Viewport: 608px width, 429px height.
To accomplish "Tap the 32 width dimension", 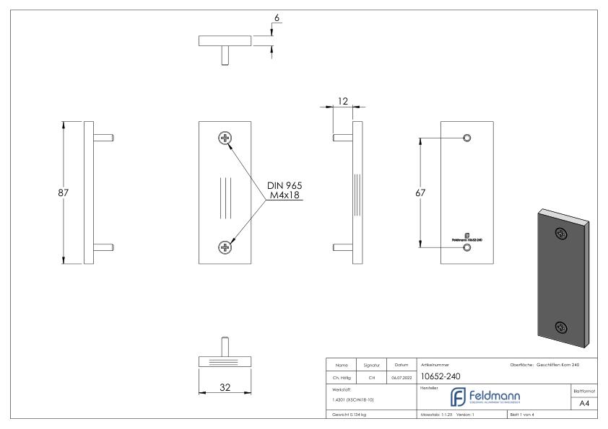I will point(225,386).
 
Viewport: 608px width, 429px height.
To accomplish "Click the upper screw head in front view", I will point(225,138).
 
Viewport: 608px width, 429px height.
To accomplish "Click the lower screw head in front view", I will point(225,248).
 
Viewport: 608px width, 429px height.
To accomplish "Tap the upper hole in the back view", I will point(466,137).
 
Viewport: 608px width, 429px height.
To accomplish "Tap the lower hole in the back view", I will point(466,247).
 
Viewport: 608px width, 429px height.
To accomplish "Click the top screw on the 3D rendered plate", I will point(560,233).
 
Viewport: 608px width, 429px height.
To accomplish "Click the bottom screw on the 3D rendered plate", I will point(560,327).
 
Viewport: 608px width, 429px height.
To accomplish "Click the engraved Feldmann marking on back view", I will point(466,237).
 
